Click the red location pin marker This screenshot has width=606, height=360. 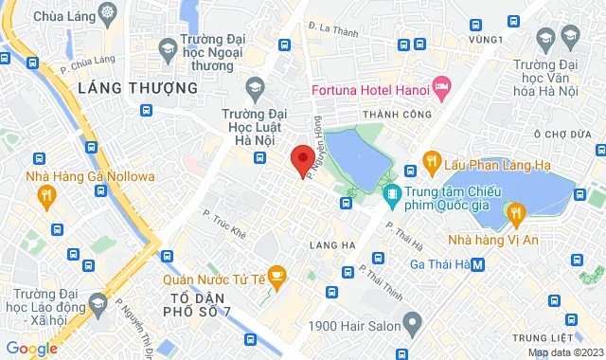pos(302,160)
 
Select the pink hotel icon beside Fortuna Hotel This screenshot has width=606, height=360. pos(442,89)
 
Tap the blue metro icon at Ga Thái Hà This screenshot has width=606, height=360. pos(479,264)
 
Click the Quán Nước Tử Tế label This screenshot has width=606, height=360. pos(212,278)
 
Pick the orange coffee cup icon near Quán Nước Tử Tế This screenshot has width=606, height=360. pos(276,276)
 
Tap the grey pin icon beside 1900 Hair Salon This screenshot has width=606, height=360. pos(412,325)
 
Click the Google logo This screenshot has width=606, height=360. pos(31,349)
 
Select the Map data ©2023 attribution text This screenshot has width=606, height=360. pos(564,352)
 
